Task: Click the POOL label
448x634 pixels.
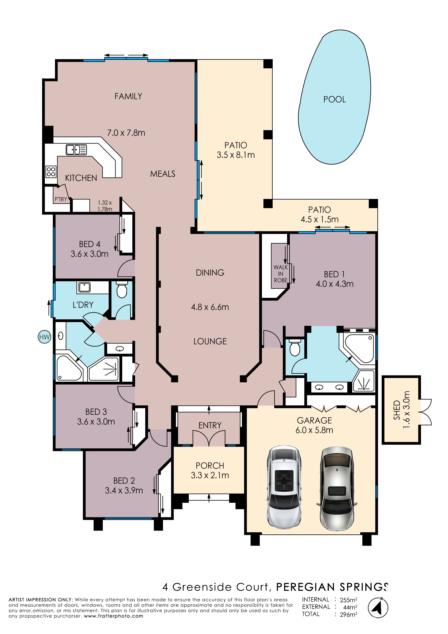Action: [x=335, y=99]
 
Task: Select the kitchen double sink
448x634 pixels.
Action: [x=76, y=150]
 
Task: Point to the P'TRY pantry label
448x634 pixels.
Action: [x=61, y=199]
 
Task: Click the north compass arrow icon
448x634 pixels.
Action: [x=378, y=607]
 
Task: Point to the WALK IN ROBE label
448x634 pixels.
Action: [x=281, y=274]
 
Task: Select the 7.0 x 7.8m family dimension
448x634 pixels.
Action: [x=126, y=133]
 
